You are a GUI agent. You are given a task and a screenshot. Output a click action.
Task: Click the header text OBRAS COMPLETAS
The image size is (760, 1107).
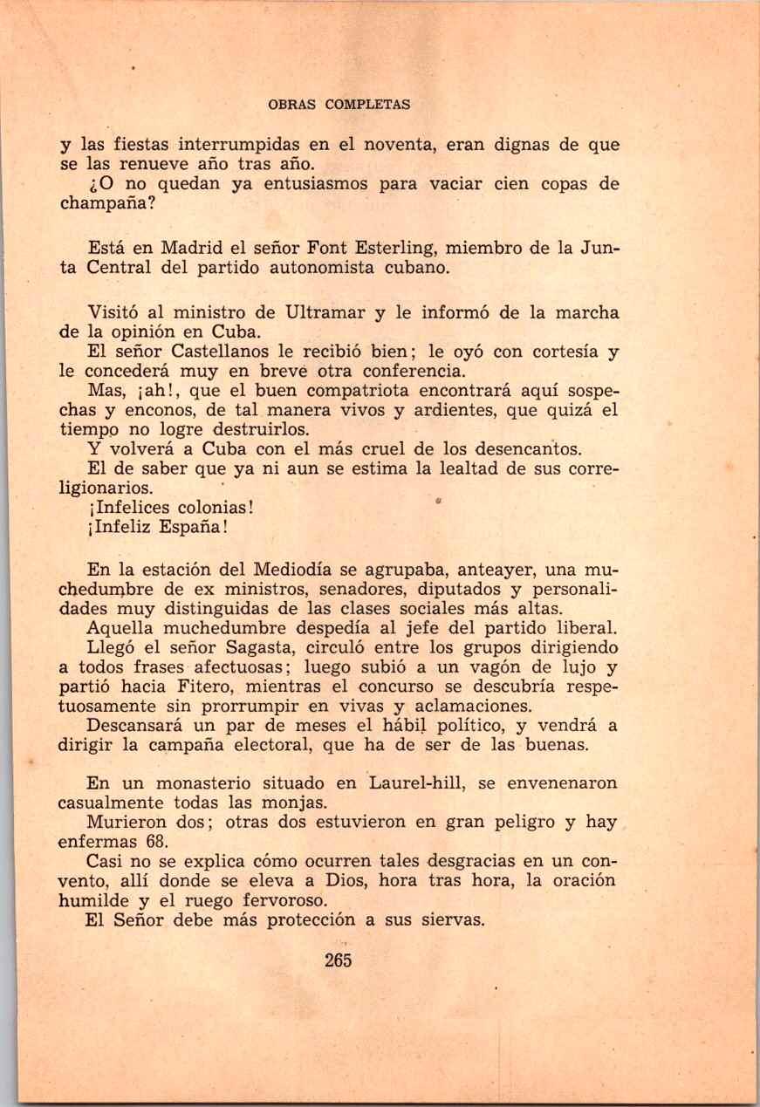point(339,105)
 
